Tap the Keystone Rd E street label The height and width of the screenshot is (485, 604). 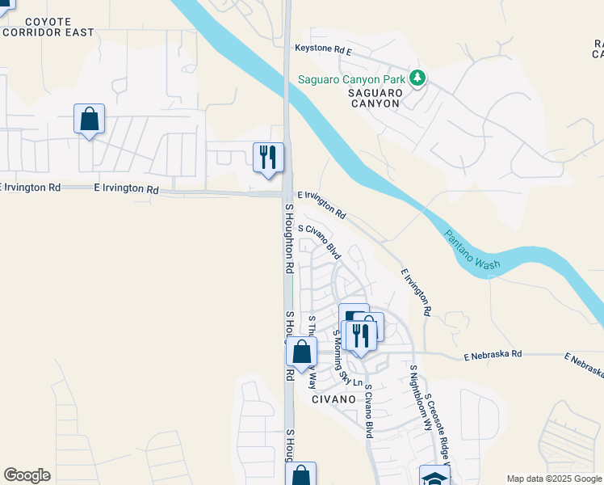(x=323, y=50)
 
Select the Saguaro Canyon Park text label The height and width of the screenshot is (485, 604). (x=352, y=79)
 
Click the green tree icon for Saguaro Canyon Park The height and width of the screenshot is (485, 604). (x=417, y=78)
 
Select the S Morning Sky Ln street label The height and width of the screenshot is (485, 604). (x=348, y=356)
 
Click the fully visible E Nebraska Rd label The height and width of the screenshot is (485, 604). (x=493, y=354)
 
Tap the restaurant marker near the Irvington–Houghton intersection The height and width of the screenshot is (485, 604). (x=268, y=156)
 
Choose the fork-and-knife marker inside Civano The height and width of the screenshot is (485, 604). (x=360, y=335)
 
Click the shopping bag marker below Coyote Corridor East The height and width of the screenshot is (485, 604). (x=89, y=119)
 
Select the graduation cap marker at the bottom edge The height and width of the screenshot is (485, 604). (x=433, y=476)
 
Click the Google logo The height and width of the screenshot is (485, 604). (x=27, y=475)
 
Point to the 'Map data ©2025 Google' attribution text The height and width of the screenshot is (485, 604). (x=553, y=479)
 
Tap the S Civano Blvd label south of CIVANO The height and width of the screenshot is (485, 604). (x=367, y=411)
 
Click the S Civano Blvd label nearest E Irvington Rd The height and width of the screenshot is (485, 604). (x=321, y=242)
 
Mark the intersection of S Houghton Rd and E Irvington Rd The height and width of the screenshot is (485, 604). (x=287, y=193)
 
